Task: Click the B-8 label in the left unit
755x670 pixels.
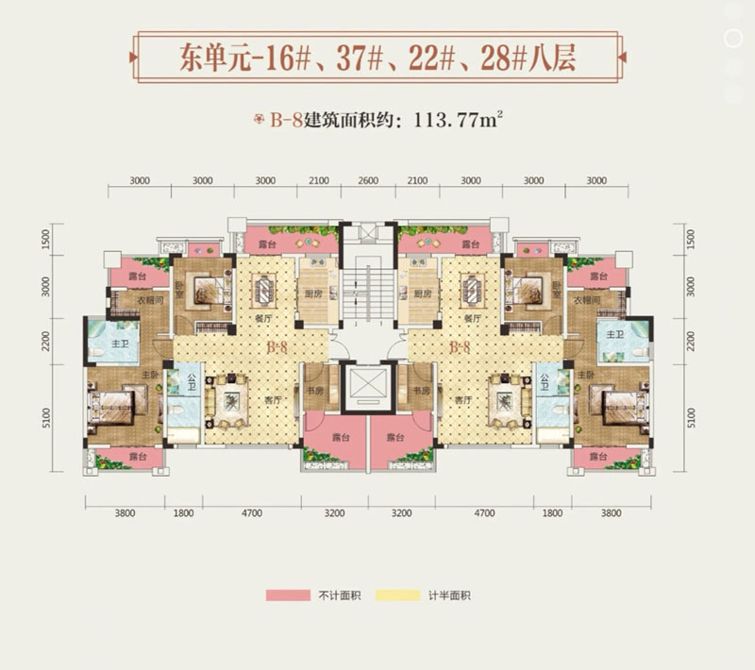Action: [x=277, y=348]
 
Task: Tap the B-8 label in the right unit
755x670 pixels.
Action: [x=460, y=348]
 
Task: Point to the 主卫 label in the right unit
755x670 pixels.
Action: [x=614, y=335]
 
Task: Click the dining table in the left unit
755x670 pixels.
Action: [x=263, y=286]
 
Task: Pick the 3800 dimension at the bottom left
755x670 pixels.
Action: [x=126, y=514]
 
